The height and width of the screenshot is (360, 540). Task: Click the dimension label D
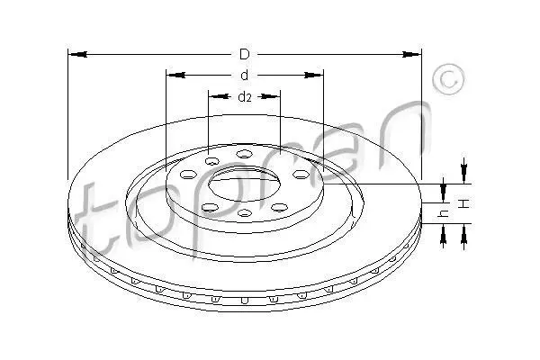point(244,54)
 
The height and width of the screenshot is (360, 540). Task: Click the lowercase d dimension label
point(244,75)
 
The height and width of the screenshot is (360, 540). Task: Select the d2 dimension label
point(245,97)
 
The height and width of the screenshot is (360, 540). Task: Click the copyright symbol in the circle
point(448,79)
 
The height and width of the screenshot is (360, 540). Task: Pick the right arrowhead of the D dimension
point(411,54)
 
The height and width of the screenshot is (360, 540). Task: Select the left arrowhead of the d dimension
point(175,75)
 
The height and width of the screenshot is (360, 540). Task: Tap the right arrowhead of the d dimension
point(314,75)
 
